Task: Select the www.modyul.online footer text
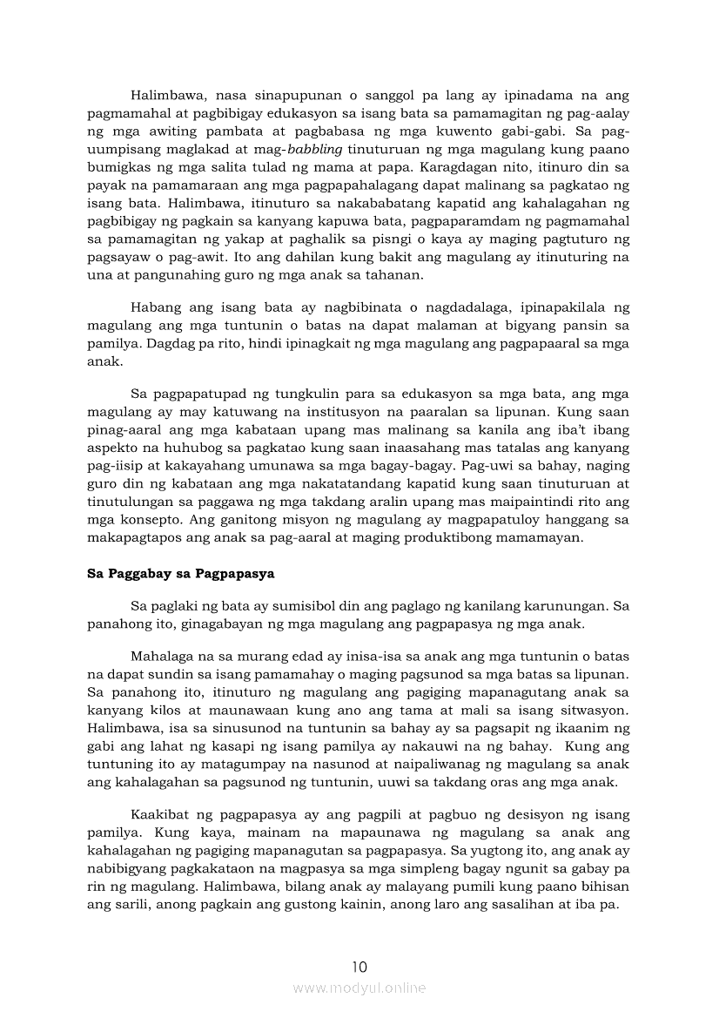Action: point(359,988)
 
